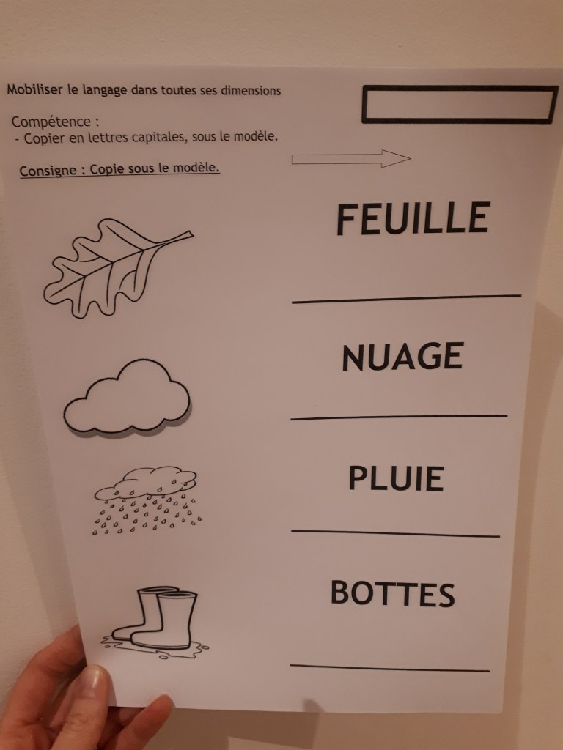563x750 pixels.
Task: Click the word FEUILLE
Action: point(413,218)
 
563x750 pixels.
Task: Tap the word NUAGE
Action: point(402,357)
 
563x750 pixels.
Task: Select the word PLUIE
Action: point(396,478)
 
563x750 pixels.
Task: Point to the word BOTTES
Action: point(393,593)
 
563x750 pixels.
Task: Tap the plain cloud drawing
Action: point(128,398)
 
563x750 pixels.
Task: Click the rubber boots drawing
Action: point(154,622)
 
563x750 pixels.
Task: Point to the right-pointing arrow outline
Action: point(351,159)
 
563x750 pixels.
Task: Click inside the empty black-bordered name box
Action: point(460,104)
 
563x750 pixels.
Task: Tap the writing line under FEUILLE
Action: point(407,299)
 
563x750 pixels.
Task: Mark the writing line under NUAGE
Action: point(399,417)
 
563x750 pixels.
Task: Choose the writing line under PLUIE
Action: point(395,533)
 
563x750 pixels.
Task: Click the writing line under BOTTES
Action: point(390,668)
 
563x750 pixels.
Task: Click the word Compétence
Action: point(51,122)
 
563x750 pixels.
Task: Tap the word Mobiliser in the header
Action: point(35,90)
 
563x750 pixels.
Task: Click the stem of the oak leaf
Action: point(178,237)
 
